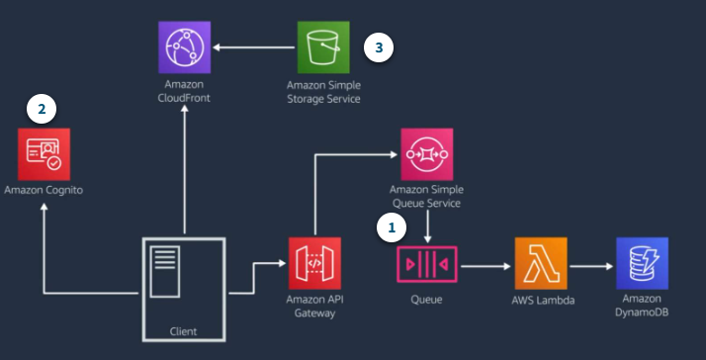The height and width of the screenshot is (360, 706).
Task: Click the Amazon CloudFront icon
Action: [x=184, y=45]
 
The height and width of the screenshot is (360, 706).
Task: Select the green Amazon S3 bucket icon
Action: [x=323, y=45]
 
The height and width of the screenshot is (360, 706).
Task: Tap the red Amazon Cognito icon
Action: [x=43, y=153]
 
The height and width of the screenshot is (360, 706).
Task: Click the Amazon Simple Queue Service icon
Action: [x=426, y=154]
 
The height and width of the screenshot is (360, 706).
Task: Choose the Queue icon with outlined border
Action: [x=426, y=264]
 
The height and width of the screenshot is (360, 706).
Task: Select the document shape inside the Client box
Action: [x=166, y=266]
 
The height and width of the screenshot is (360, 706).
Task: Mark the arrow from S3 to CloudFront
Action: [x=253, y=46]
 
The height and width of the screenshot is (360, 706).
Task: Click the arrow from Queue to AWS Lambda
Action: [x=485, y=265]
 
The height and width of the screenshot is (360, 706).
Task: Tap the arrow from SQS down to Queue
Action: [x=426, y=226]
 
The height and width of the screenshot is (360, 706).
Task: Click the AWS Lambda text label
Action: [x=540, y=300]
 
